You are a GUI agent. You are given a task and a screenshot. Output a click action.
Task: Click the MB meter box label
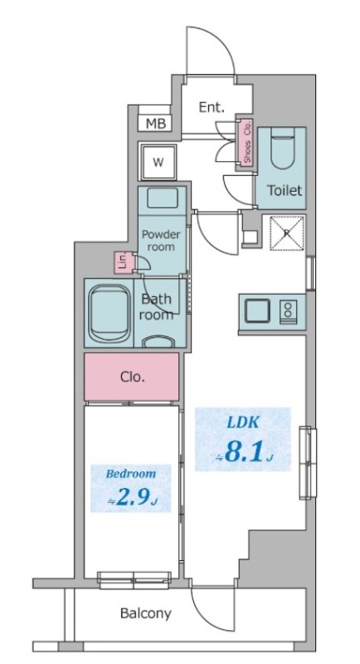pos(155,123)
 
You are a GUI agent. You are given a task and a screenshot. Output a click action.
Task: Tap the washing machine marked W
pos(158,162)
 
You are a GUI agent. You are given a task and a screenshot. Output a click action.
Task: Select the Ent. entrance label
pos(211,108)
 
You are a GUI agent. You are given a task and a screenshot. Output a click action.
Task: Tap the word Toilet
pos(285,190)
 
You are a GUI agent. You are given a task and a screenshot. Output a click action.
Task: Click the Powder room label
pos(161,241)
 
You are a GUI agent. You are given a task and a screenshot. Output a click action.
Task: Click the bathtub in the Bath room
pos(110,314)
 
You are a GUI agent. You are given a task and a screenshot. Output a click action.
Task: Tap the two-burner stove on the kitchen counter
pos(288,311)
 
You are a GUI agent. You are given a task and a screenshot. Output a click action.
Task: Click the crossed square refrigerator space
pos(287,232)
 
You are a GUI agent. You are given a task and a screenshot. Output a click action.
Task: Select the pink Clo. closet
pos(132,377)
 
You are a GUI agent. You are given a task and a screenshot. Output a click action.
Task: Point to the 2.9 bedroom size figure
pos(132,498)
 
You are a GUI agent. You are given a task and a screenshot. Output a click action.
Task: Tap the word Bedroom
pos(131,473)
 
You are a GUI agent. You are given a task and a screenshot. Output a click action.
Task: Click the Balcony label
pos(146,613)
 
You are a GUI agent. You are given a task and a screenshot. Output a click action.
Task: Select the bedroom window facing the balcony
pos(134,580)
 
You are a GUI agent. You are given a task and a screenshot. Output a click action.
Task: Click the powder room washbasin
pos(162,198)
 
